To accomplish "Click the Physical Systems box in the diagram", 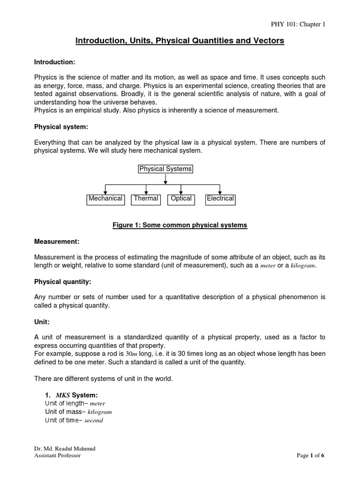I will pos(165,169).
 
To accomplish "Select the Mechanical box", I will pos(105,199).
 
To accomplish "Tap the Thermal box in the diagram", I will pos(146,199).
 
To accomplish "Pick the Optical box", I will pos(181,199).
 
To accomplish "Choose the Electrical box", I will pos(220,199).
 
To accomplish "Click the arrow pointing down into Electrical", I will pos(220,190).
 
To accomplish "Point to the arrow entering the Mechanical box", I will pos(105,190).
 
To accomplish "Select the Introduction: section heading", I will pos(55,62).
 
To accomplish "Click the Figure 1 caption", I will pos(180,225).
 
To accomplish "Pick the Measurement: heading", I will pos(57,241).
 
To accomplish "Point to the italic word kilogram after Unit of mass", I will pos(100,412).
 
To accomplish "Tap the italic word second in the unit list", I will pos(94,420).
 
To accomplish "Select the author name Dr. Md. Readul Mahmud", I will pos(64,449).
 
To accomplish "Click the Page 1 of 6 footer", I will pos(310,455).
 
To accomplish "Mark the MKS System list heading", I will pos(71,395).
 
